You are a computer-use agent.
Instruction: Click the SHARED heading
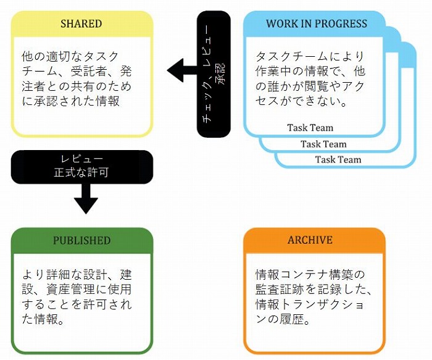[81, 23]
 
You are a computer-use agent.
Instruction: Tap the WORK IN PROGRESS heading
[316, 23]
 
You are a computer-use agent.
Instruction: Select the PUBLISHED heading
[81, 240]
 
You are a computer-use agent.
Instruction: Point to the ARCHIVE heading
[310, 240]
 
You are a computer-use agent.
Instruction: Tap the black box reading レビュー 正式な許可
[82, 167]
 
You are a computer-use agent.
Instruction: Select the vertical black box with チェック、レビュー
[214, 74]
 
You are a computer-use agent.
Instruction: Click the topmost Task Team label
[310, 128]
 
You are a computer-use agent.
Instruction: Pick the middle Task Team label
[323, 144]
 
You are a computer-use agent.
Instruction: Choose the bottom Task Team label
[338, 159]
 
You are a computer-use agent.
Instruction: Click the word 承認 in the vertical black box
[221, 74]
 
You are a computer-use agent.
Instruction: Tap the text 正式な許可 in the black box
[81, 173]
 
